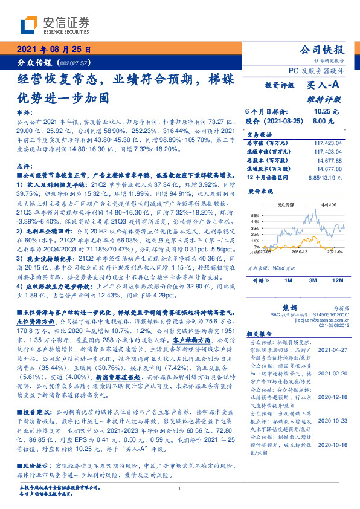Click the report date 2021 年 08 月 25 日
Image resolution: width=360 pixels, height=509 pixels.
click(53, 50)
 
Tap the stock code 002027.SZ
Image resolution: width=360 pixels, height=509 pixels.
click(75, 63)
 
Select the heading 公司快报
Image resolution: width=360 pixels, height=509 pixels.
click(322, 50)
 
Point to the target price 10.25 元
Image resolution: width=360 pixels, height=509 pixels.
click(326, 112)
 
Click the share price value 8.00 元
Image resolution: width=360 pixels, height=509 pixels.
click(327, 121)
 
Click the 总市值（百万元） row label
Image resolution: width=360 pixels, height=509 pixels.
click(267, 143)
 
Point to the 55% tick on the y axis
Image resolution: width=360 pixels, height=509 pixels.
click(254, 214)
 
